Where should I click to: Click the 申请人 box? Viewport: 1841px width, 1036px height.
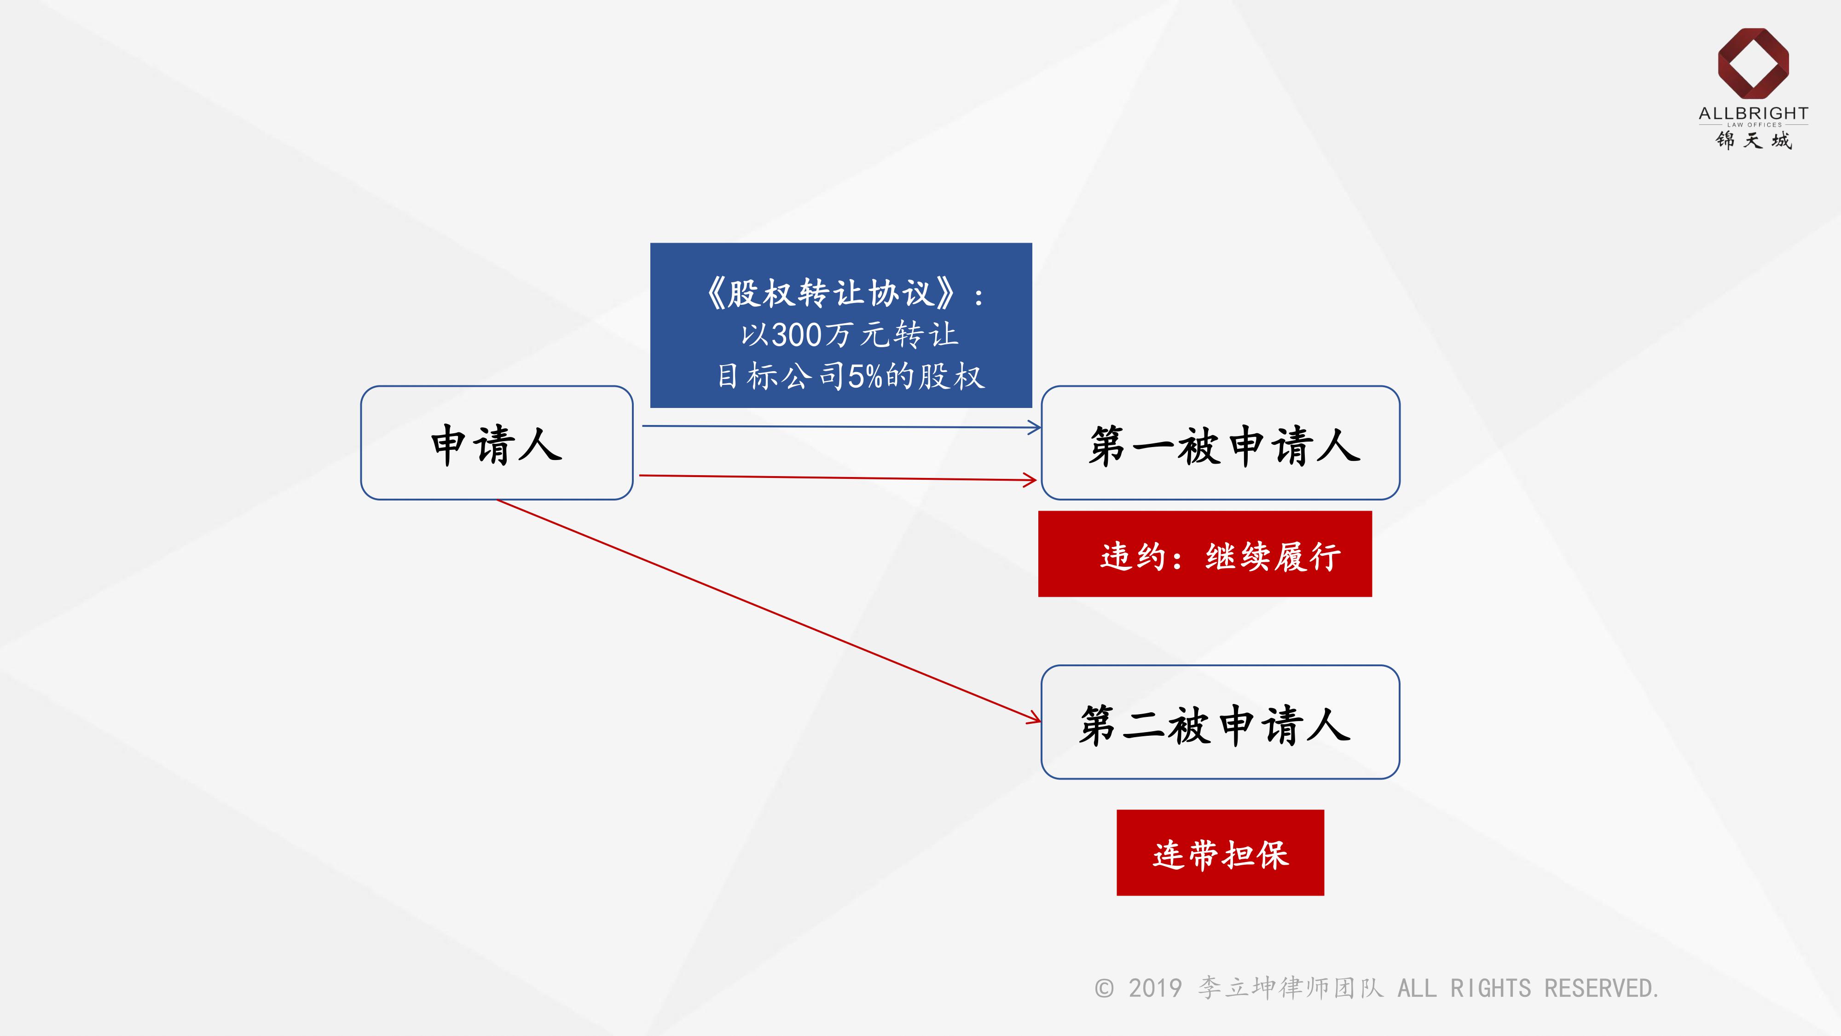pos(497,443)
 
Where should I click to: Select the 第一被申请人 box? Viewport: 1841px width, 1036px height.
pos(1220,443)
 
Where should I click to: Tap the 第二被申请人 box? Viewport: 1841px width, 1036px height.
pos(1220,722)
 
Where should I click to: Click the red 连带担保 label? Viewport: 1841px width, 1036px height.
pos(1220,853)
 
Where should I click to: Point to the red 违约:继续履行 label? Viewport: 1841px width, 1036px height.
pos(1205,555)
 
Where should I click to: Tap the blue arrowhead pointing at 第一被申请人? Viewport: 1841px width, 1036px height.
pos(1034,428)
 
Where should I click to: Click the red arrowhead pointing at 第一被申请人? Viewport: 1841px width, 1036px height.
pos(1030,480)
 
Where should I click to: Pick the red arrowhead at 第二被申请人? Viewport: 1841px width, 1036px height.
pos(1034,718)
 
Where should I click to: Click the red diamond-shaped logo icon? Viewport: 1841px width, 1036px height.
pos(1753,63)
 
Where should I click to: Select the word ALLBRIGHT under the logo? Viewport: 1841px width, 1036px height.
pos(1753,113)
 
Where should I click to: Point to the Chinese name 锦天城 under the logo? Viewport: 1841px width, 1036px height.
pos(1753,140)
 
